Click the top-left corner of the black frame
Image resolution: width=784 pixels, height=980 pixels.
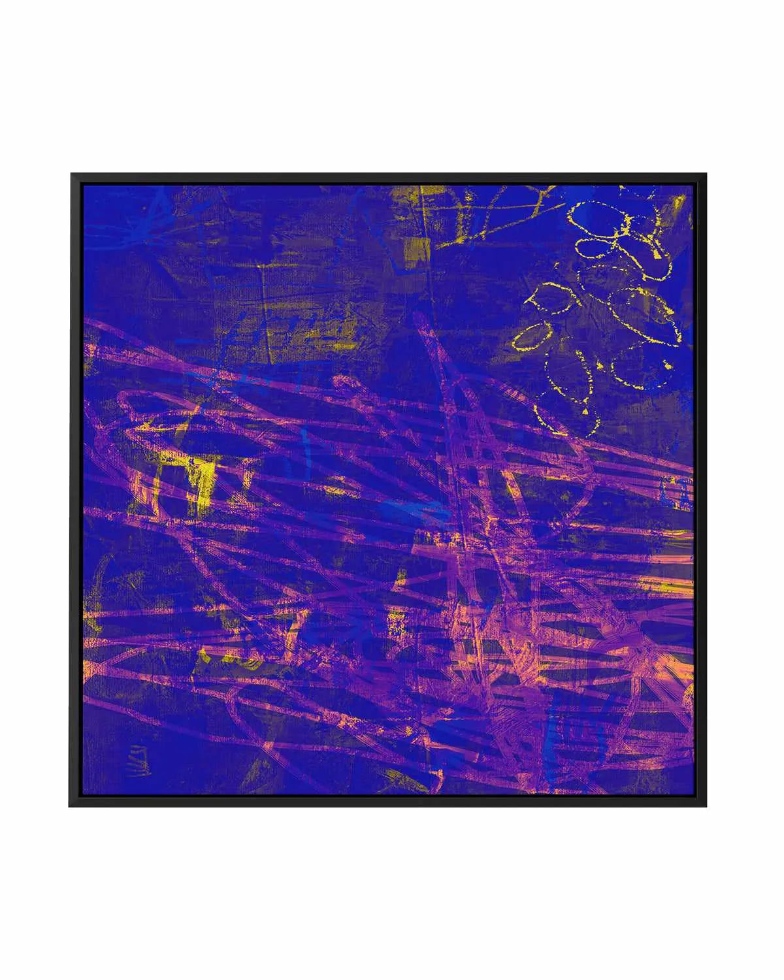click(71, 174)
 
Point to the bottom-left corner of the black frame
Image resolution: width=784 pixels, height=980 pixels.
click(71, 805)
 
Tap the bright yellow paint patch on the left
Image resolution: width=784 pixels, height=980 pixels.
click(199, 483)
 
